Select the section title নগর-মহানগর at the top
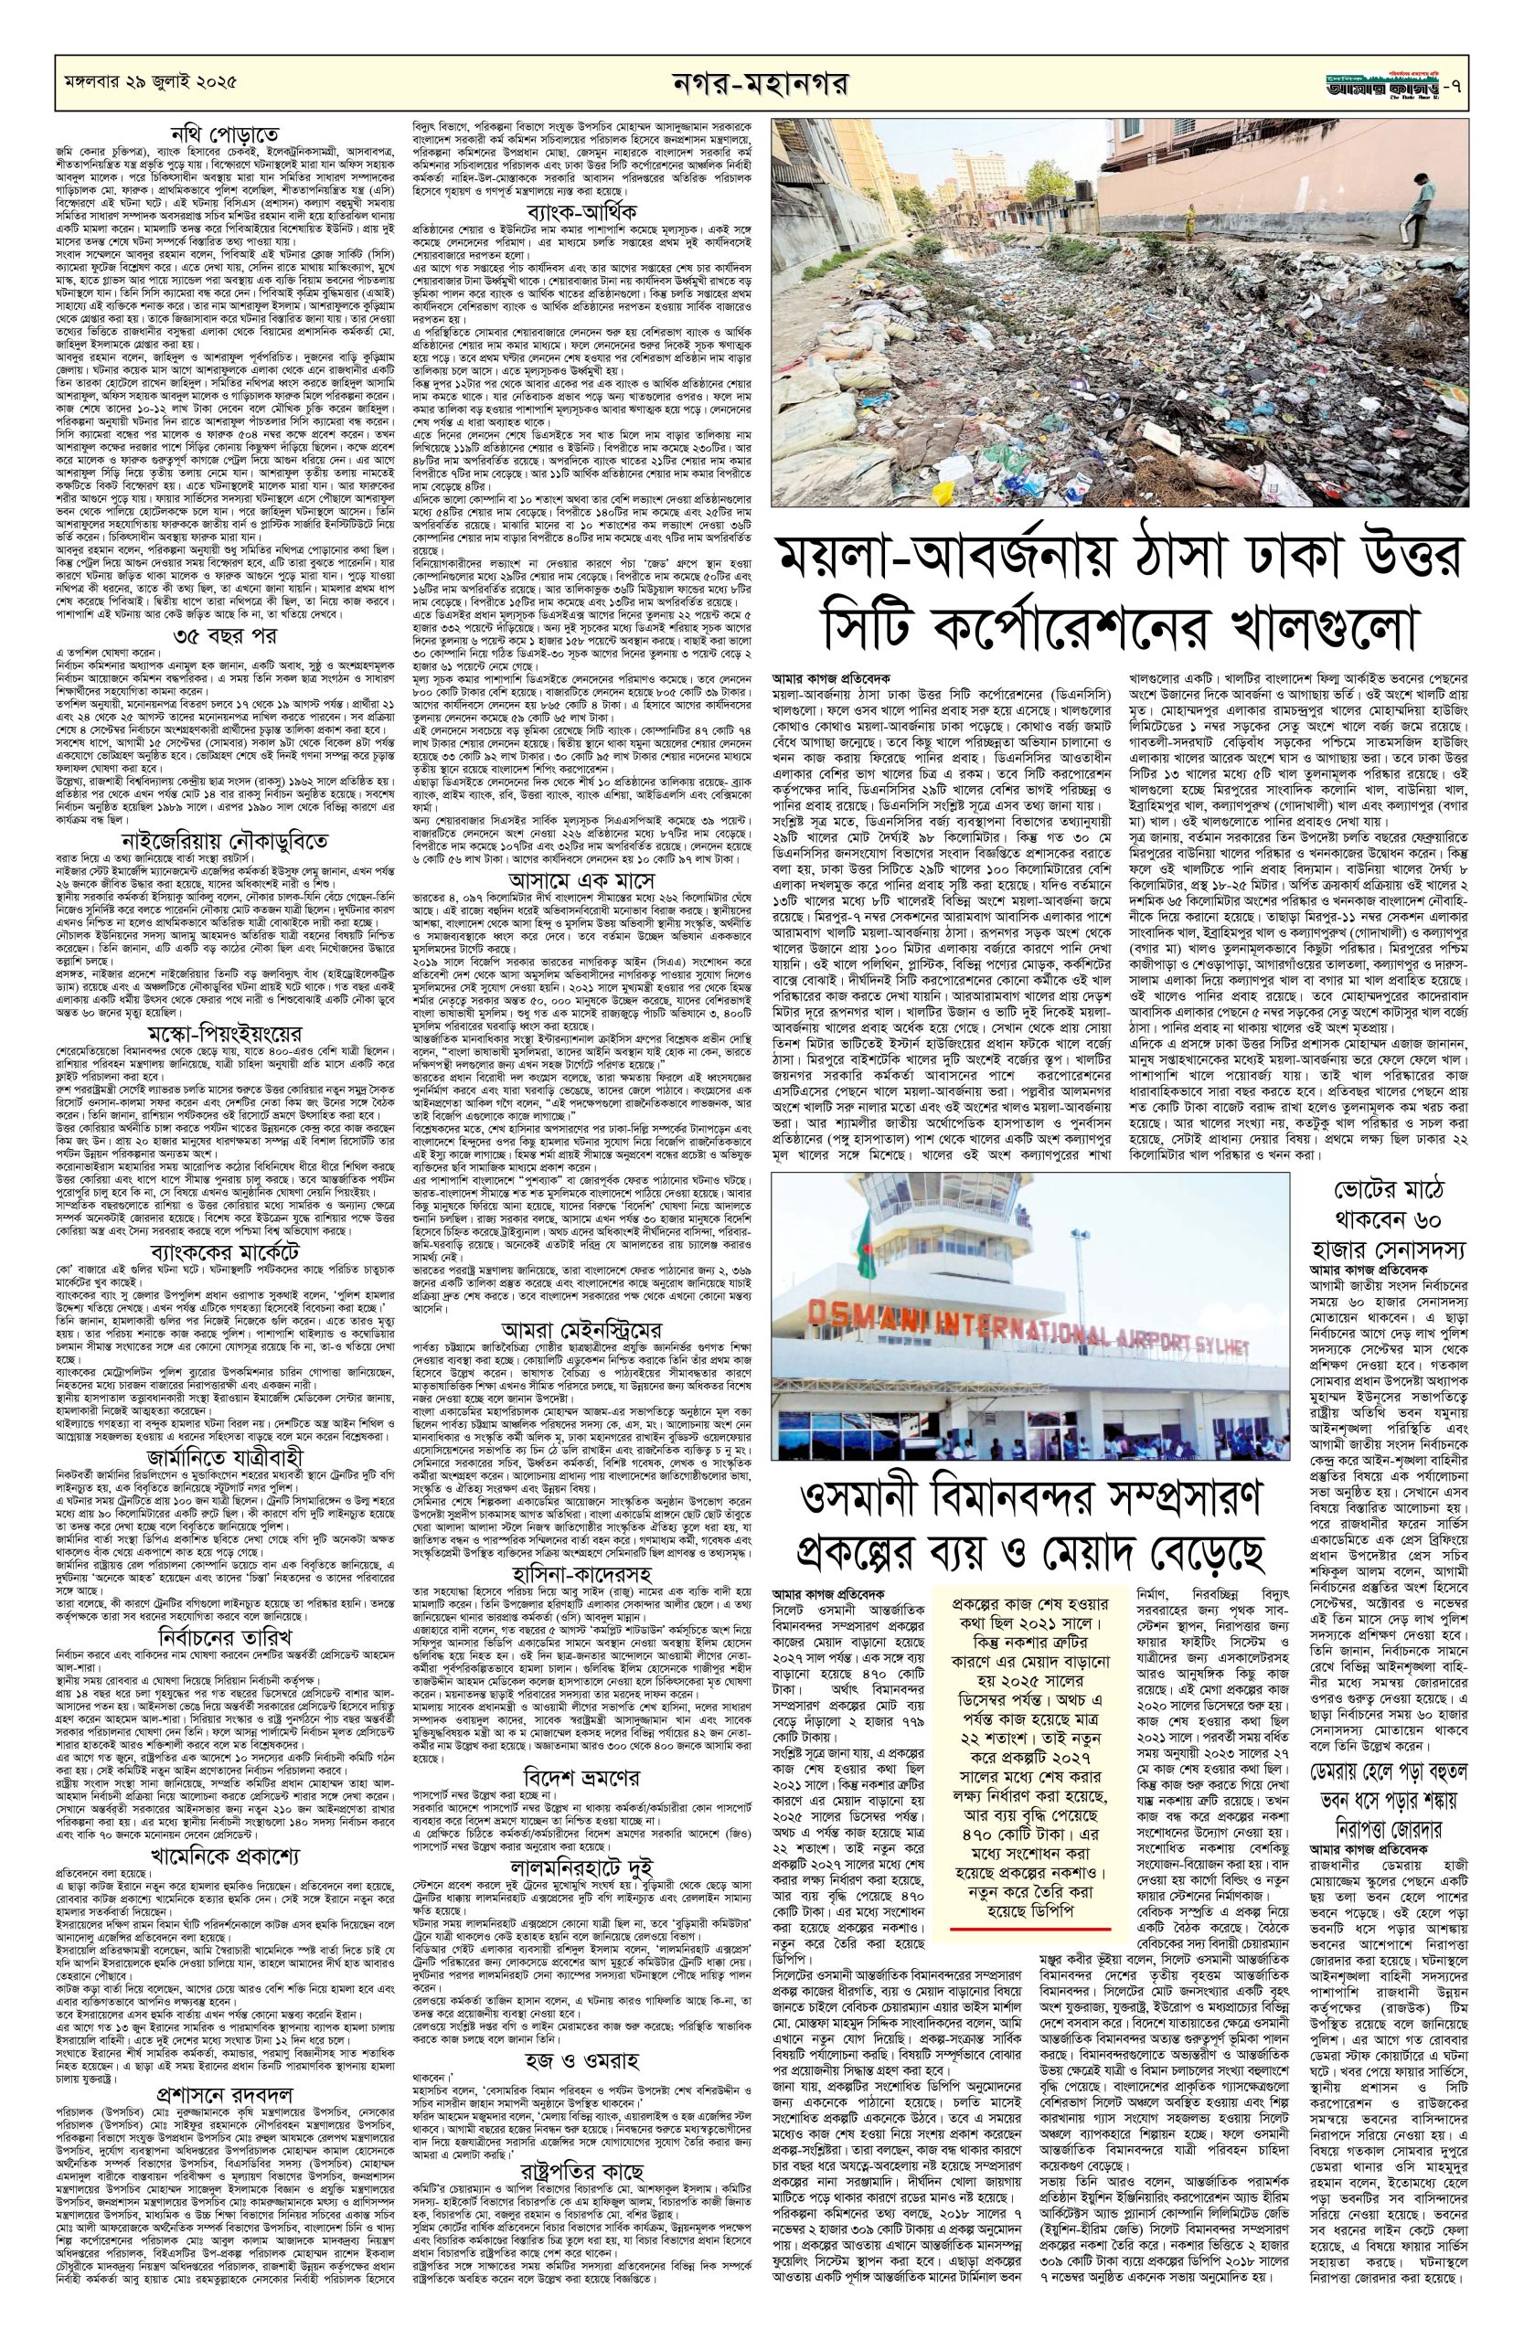coord(763,83)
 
